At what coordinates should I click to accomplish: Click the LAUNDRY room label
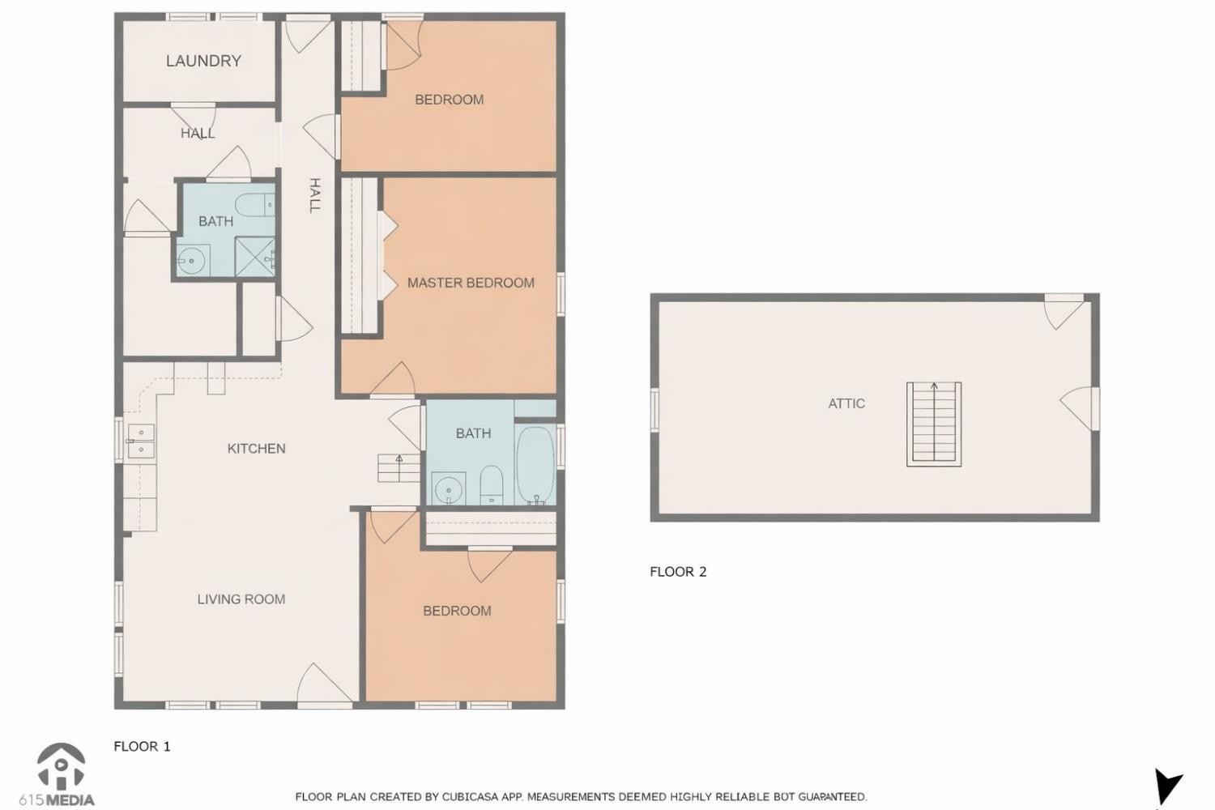pyautogui.click(x=203, y=61)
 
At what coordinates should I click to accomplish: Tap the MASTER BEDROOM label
pyautogui.click(x=471, y=283)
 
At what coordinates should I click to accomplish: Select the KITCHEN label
pyautogui.click(x=256, y=449)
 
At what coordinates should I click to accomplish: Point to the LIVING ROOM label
pyautogui.click(x=241, y=599)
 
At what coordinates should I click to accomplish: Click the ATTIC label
pyautogui.click(x=846, y=403)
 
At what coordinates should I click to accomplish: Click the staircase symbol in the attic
pyautogui.click(x=934, y=424)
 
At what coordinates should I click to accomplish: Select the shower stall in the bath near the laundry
pyautogui.click(x=254, y=257)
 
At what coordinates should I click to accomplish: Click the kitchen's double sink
pyautogui.click(x=141, y=441)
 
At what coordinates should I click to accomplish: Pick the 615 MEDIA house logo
pyautogui.click(x=61, y=766)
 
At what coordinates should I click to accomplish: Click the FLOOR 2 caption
pyautogui.click(x=678, y=572)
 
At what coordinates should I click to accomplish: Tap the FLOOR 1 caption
pyautogui.click(x=142, y=747)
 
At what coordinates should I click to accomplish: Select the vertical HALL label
pyautogui.click(x=314, y=195)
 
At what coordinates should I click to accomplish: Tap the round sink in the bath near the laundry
pyautogui.click(x=193, y=261)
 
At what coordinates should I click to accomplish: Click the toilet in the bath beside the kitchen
pyautogui.click(x=492, y=484)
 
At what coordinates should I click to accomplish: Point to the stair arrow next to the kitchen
pyautogui.click(x=399, y=467)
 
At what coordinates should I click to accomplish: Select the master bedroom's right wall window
pyautogui.click(x=561, y=295)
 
